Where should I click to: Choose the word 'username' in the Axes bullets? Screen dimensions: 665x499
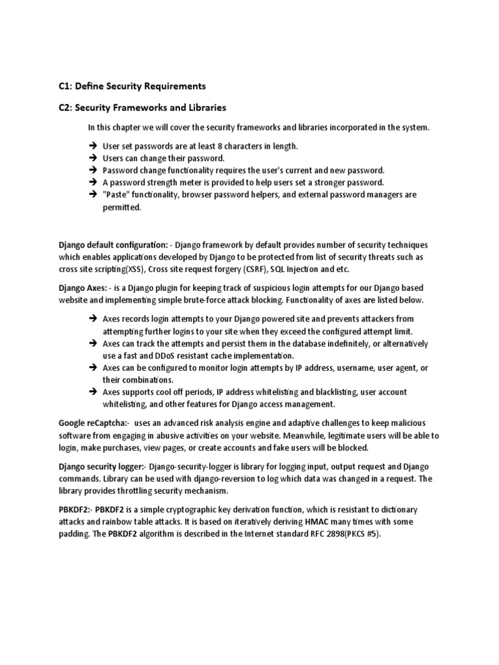click(x=345, y=368)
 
